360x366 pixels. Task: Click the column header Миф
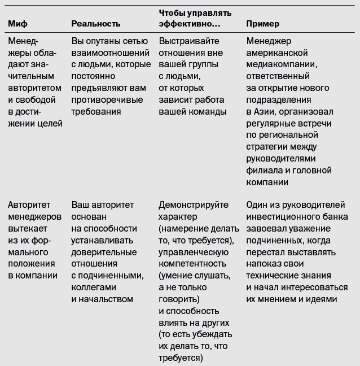click(x=17, y=24)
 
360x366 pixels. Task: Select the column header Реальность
click(x=96, y=24)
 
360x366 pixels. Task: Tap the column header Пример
click(x=263, y=24)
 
